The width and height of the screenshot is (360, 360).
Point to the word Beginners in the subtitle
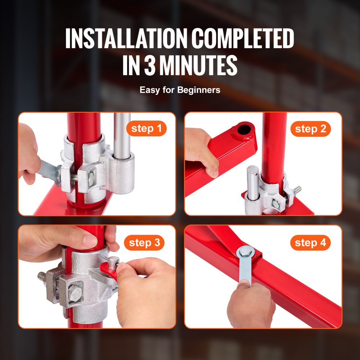199,90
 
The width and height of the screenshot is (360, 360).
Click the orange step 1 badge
146,129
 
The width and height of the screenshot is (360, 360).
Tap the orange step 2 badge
310,129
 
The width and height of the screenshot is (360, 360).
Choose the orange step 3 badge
144,243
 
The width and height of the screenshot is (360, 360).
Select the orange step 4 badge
310,243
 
